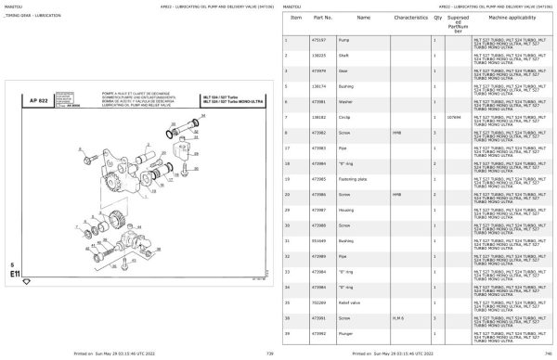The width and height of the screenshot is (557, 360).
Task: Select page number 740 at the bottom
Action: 551,354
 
